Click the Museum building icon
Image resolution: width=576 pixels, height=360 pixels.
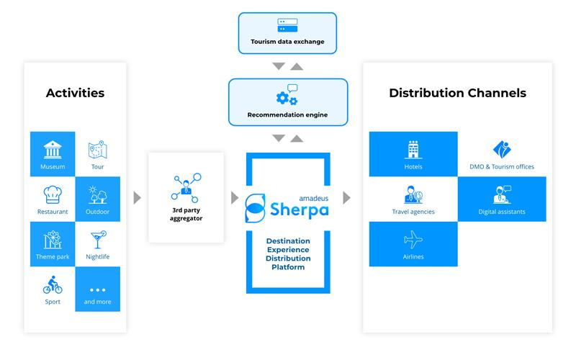(x=53, y=150)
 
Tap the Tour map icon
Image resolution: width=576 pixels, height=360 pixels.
(x=97, y=150)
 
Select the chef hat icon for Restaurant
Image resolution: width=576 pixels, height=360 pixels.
(x=53, y=194)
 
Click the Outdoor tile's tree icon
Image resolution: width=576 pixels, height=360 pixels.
(x=97, y=194)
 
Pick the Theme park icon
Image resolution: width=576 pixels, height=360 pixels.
(x=53, y=239)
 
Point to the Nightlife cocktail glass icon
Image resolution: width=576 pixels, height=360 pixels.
(x=97, y=239)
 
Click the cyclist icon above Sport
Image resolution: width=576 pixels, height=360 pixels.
(x=53, y=284)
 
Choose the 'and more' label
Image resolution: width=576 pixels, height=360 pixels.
(x=97, y=302)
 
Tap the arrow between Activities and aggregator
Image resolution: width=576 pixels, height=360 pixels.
(x=138, y=197)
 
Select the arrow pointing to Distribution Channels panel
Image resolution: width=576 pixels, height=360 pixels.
(x=347, y=197)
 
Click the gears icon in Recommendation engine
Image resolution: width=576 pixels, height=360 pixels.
(x=287, y=96)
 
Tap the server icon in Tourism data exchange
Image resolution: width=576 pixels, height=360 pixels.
(x=287, y=26)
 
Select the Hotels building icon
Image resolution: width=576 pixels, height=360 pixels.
(x=413, y=150)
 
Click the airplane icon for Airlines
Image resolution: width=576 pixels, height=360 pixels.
(x=413, y=239)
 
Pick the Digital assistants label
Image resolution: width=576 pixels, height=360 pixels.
(x=502, y=212)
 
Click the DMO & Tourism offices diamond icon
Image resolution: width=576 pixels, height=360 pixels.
(x=502, y=150)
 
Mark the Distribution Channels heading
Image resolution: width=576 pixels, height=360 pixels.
(x=457, y=93)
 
